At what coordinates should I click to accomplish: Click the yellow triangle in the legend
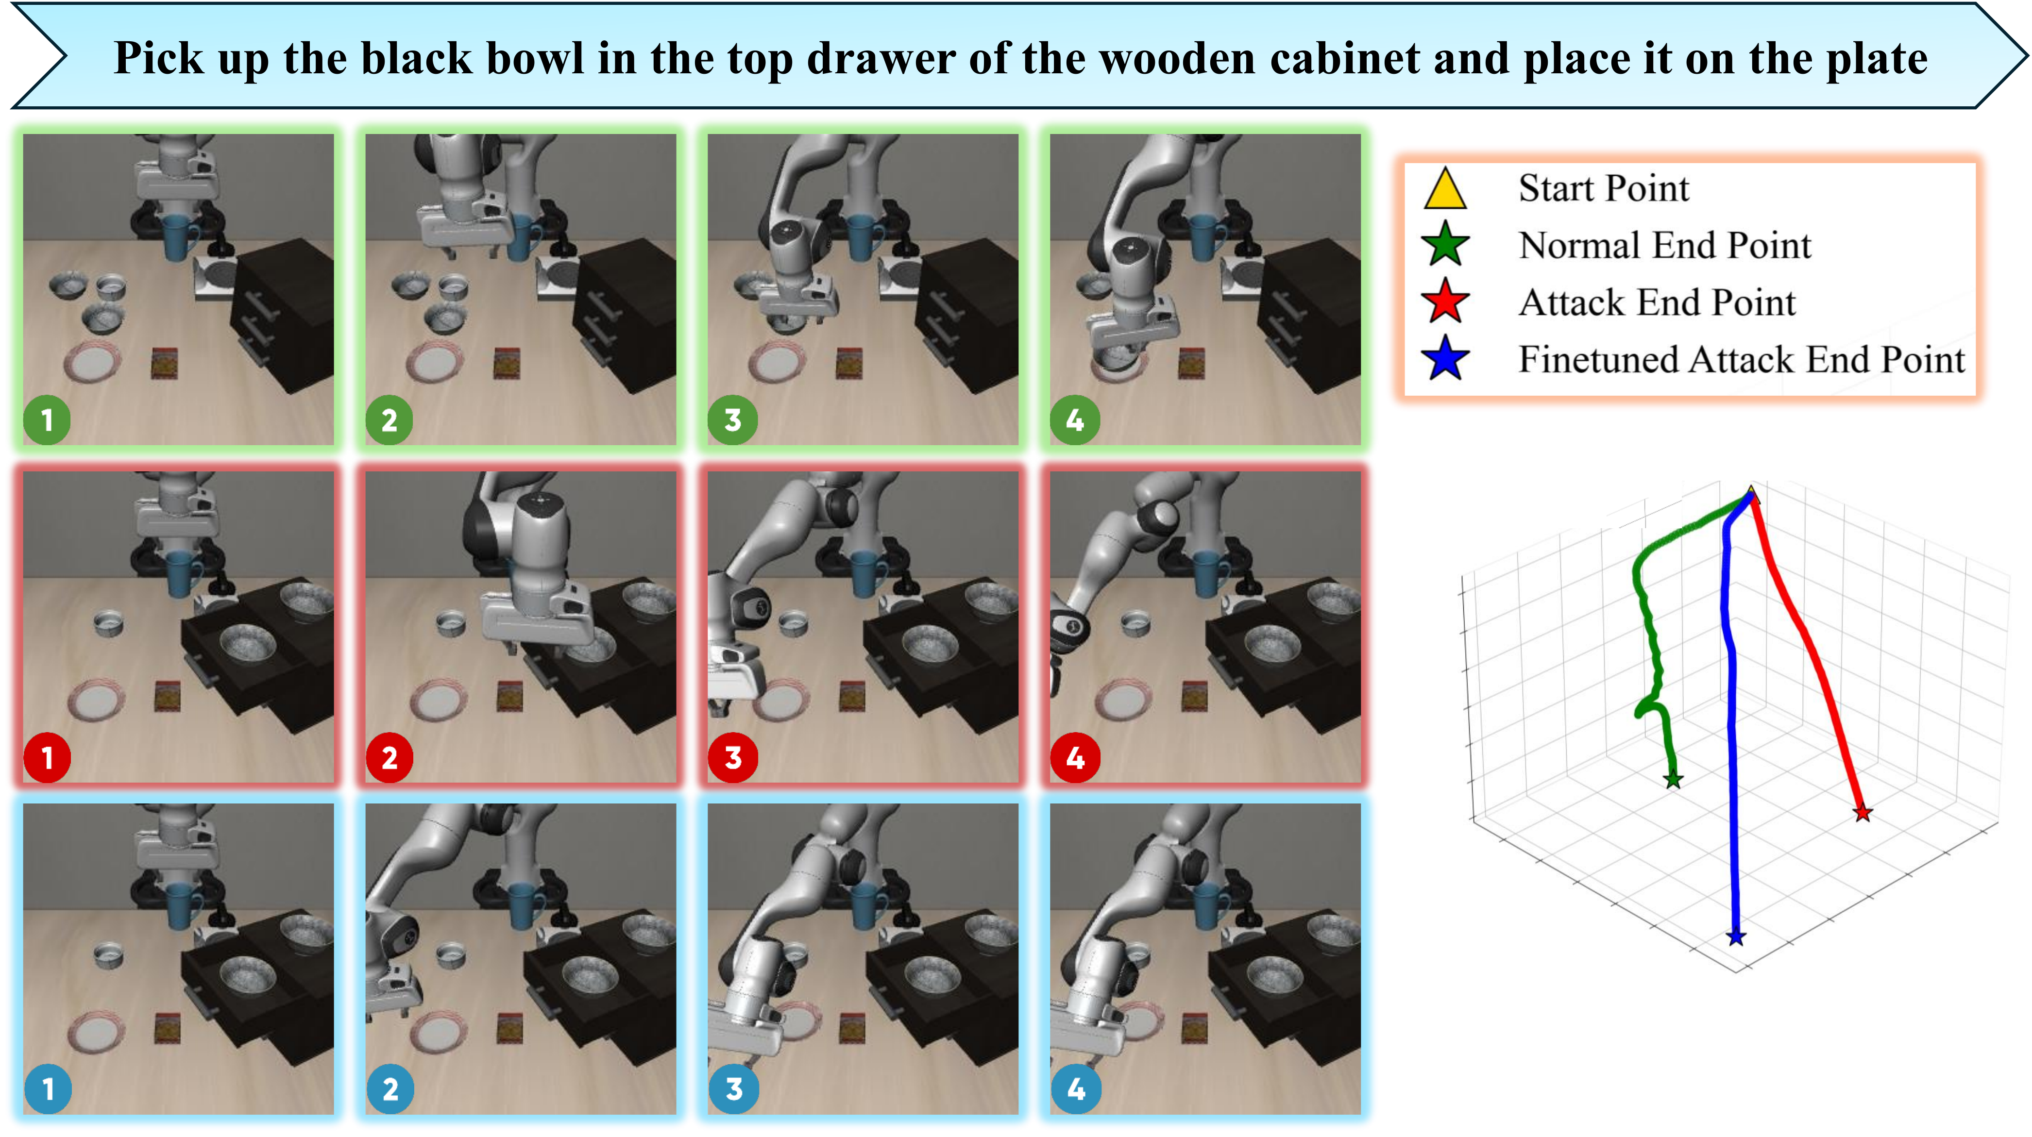point(1445,189)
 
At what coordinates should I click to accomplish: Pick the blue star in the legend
point(1445,359)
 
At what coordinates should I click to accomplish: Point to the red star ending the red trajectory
point(1863,812)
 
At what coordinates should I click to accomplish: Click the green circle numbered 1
point(47,420)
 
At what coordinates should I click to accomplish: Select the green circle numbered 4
point(1074,420)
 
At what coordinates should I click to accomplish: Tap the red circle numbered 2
point(389,758)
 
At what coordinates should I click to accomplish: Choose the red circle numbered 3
point(733,758)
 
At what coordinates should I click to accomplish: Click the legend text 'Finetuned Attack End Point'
point(1742,360)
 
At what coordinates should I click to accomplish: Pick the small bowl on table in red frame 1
point(109,623)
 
